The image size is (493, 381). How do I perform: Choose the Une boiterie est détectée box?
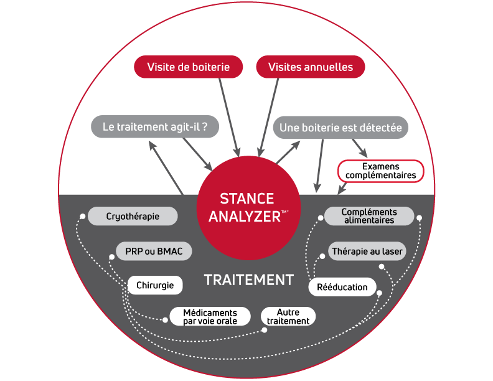pyautogui.click(x=340, y=128)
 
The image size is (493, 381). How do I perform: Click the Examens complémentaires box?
pyautogui.click(x=380, y=171)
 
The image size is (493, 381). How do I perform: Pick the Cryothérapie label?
pyautogui.click(x=133, y=217)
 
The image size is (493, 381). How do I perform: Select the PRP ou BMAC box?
pyautogui.click(x=154, y=252)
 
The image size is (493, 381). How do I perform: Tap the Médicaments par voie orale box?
pyautogui.click(x=210, y=317)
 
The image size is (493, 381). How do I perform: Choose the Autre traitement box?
pyautogui.click(x=288, y=317)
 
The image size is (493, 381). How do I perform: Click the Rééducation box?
pyautogui.click(x=342, y=287)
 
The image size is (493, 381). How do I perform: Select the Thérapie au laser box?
pyautogui.click(x=367, y=252)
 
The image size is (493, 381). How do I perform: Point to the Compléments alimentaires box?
pyautogui.click(x=369, y=216)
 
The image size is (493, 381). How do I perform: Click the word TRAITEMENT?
pyautogui.click(x=249, y=280)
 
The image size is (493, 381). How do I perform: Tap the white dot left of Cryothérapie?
pyautogui.click(x=81, y=217)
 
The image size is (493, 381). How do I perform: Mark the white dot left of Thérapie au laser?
pyautogui.click(x=322, y=255)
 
